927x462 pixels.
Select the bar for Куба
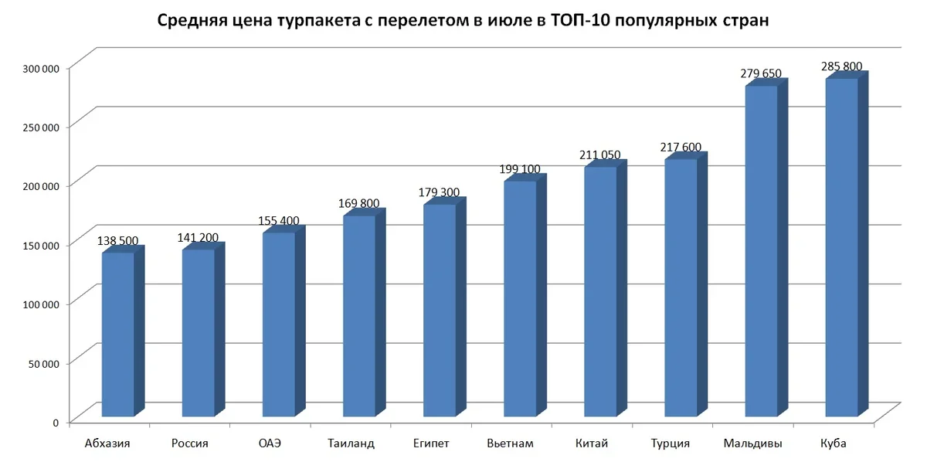[x=841, y=247]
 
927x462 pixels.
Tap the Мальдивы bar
[x=761, y=251]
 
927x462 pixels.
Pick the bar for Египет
[x=439, y=309]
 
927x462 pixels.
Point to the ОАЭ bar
[x=278, y=324]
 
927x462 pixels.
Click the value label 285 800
[x=841, y=66]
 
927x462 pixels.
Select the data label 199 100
[x=520, y=169]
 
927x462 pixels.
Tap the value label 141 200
[x=198, y=238]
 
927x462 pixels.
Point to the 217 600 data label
[x=681, y=147]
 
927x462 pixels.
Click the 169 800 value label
[x=358, y=203]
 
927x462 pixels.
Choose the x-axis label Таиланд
[x=351, y=443]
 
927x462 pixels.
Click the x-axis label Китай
[x=592, y=443]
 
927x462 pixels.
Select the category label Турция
[x=671, y=443]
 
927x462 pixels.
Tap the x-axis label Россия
[x=189, y=443]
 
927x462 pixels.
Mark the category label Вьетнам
[x=511, y=443]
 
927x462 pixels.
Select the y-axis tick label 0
[x=56, y=422]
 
